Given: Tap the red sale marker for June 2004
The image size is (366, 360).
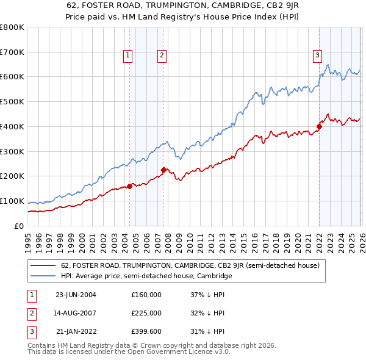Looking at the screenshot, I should click(129, 187).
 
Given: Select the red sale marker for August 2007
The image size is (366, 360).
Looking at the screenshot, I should click(163, 170).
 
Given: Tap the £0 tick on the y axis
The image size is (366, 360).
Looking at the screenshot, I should click(18, 226).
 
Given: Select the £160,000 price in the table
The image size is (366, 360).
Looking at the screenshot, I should click(146, 295).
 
